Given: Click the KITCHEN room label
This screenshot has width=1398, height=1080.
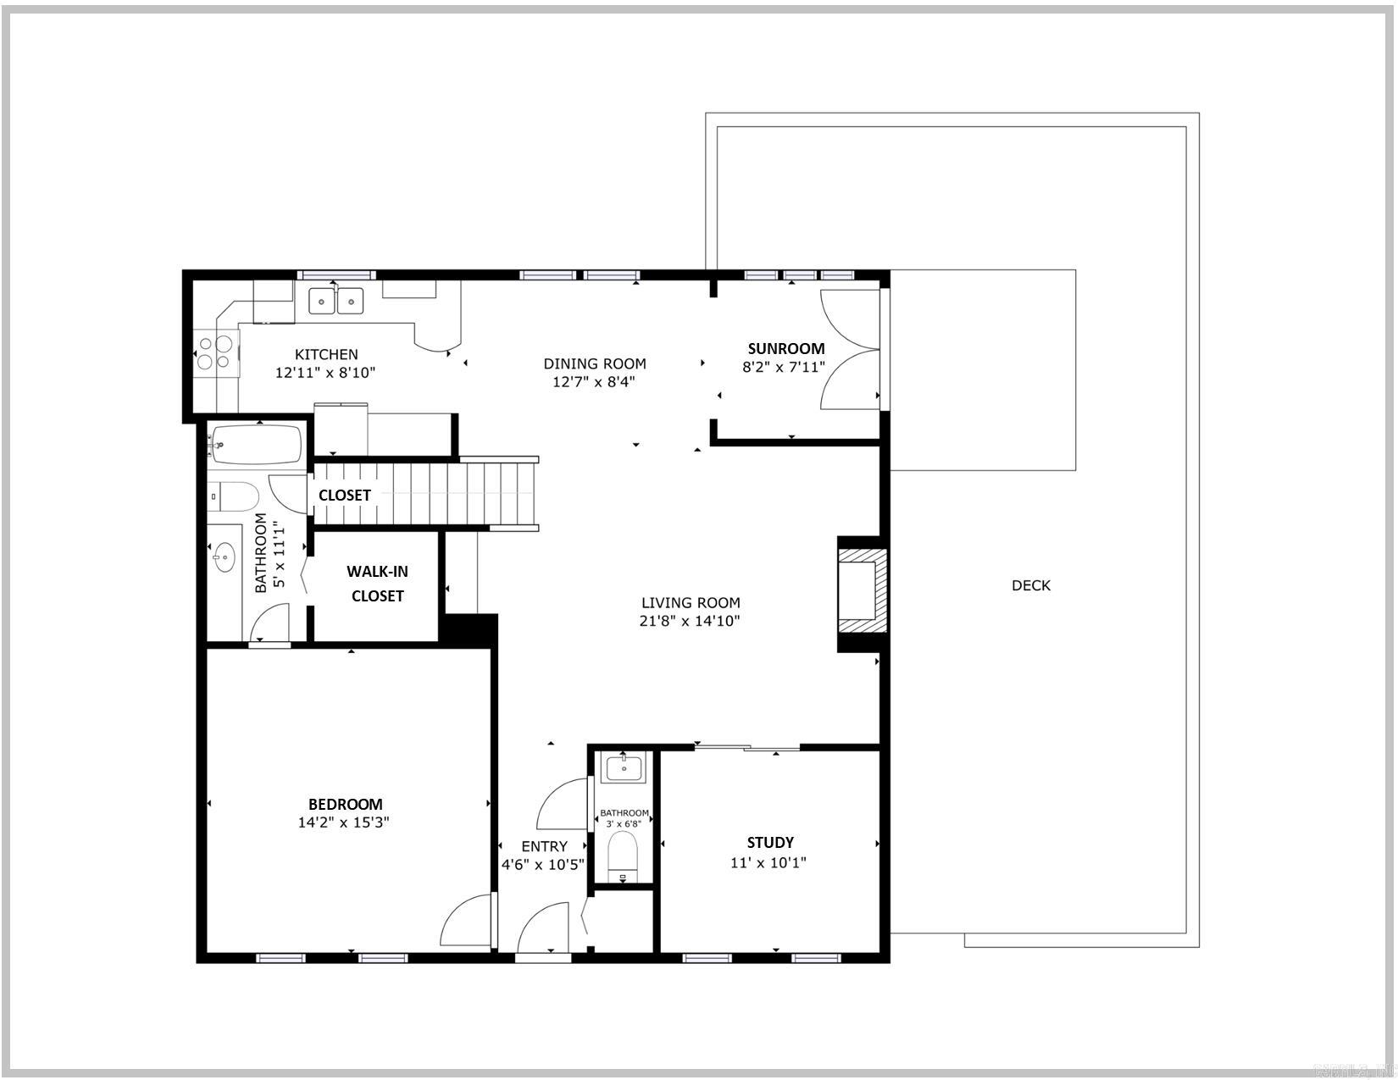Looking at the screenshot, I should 326,354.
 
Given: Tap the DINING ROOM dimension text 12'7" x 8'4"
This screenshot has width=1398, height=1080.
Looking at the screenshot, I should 593,382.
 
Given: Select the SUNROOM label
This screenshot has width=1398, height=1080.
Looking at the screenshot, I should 785,348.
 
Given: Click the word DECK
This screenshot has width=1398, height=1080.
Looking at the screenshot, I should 1030,585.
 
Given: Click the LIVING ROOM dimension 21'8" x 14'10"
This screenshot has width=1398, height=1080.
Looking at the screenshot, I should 690,621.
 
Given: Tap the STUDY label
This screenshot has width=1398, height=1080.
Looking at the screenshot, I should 769,842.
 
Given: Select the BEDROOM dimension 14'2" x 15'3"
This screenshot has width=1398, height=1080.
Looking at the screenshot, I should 344,822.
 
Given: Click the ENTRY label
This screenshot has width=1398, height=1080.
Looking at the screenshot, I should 543,846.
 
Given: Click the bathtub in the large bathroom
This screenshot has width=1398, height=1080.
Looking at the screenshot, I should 256,445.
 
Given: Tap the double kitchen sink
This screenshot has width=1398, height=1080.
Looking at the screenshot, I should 336,301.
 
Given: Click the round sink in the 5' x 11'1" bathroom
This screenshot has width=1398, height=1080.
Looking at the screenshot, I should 225,557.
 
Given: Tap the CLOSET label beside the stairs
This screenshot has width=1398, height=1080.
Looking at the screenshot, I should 344,495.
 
